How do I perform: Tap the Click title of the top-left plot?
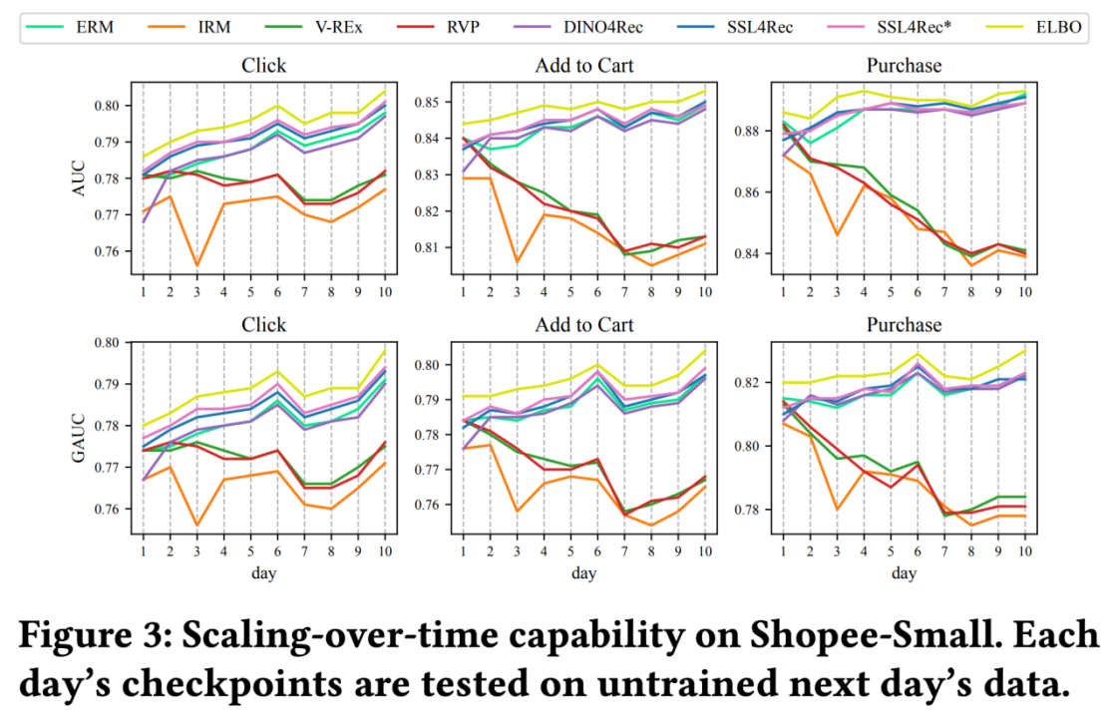point(263,66)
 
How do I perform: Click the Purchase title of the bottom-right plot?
point(903,325)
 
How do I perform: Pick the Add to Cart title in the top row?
point(583,66)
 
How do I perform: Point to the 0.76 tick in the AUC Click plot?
point(104,250)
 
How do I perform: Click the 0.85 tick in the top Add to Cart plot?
point(424,102)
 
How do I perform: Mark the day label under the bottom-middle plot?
point(583,573)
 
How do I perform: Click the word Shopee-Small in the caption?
point(909,637)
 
